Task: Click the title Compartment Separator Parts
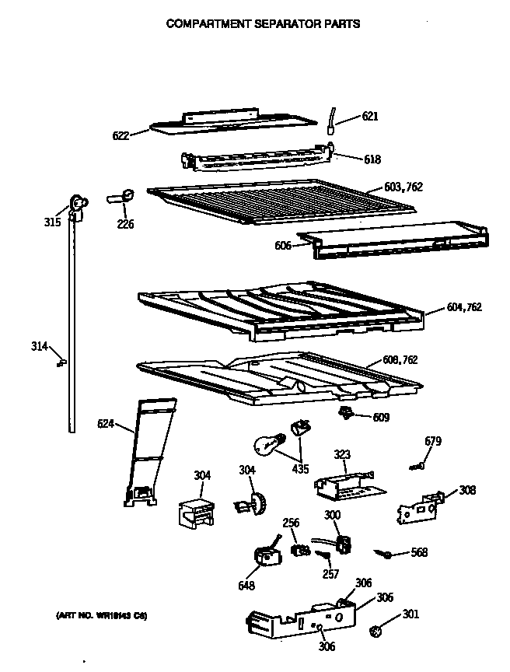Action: click(x=264, y=23)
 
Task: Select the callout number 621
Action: click(x=369, y=117)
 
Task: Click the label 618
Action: click(x=372, y=160)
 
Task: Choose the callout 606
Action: click(x=283, y=246)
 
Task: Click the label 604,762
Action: click(x=464, y=307)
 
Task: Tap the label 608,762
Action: click(x=400, y=360)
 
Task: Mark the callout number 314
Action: click(x=39, y=346)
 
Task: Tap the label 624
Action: click(x=106, y=424)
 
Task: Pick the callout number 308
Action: click(x=467, y=490)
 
